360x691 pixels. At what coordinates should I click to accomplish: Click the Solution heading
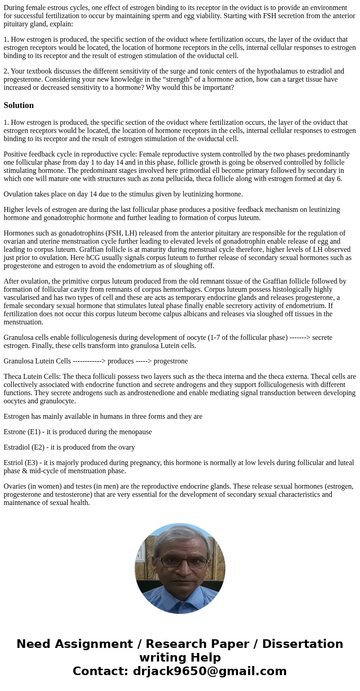point(19,105)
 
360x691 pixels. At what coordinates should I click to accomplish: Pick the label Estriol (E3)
point(20,463)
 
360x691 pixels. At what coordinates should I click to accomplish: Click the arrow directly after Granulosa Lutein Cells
point(89,361)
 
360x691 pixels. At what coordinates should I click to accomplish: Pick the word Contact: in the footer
point(100,671)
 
